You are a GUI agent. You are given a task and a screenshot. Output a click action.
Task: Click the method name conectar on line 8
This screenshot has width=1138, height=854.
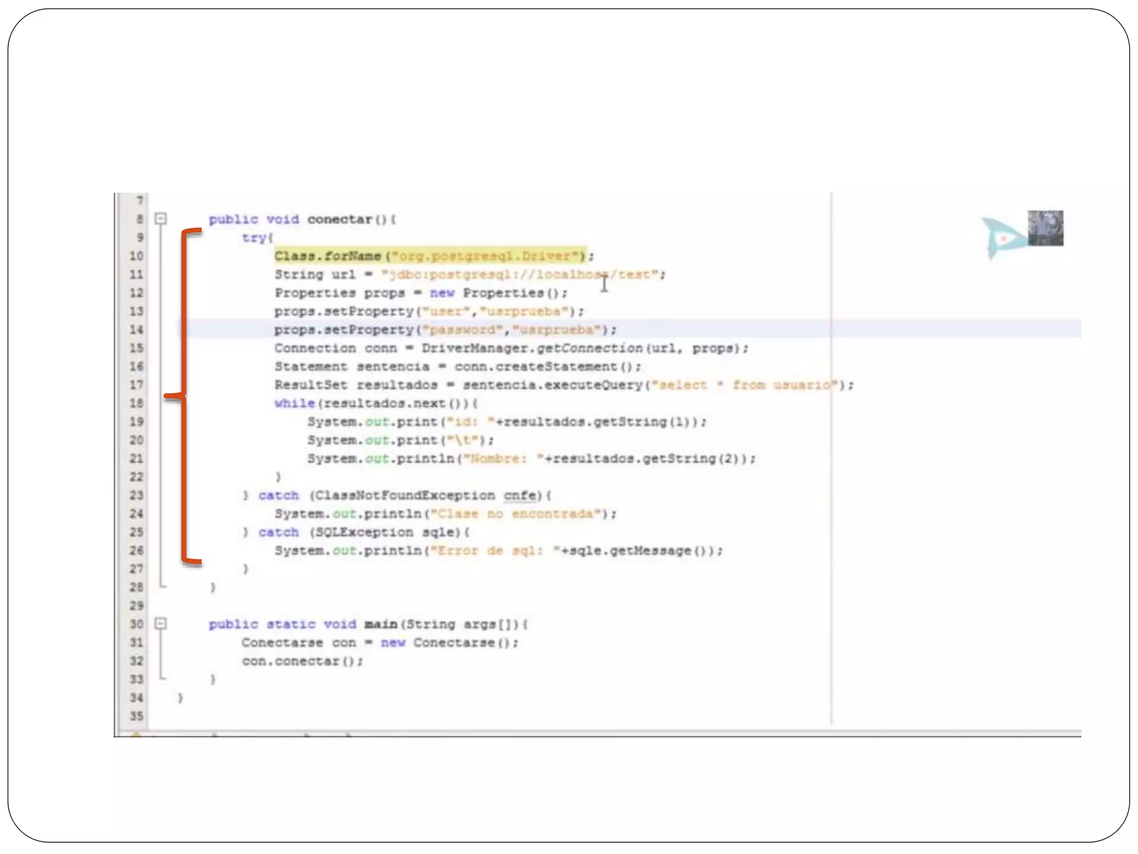[x=340, y=220]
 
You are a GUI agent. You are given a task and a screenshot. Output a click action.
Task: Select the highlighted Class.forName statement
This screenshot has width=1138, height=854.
[x=431, y=256]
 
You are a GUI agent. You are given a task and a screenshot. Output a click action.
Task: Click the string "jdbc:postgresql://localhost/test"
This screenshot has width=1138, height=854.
[x=522, y=275]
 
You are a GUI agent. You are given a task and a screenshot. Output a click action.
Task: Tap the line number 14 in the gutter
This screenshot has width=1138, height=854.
[x=137, y=330]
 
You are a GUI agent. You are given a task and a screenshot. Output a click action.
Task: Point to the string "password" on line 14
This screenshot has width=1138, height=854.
[x=463, y=330]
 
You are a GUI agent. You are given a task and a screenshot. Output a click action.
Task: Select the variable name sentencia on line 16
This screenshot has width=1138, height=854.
[x=393, y=367]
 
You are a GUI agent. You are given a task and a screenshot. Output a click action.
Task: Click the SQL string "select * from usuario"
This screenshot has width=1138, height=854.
[x=745, y=385]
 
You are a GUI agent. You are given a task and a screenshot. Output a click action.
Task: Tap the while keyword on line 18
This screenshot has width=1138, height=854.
[x=295, y=404]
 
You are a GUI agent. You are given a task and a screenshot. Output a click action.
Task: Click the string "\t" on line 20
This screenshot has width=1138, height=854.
[x=463, y=440]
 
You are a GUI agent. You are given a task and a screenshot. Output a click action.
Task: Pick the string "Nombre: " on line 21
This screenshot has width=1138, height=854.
[x=503, y=459]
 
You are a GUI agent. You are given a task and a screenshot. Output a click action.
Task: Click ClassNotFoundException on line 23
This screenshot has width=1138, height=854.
[x=405, y=495]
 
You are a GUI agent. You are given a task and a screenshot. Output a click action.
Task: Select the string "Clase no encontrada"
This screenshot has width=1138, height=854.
[x=516, y=514]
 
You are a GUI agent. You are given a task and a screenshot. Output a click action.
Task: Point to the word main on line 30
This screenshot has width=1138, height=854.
[x=381, y=624]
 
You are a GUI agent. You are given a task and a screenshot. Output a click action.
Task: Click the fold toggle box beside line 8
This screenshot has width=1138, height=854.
[x=161, y=219]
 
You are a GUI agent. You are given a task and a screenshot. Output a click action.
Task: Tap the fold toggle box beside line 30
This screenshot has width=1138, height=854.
[x=161, y=623]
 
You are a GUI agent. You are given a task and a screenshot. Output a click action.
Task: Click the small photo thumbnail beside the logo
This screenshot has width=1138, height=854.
[x=1045, y=228]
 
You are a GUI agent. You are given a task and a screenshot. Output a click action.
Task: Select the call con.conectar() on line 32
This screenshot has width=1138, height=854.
[x=302, y=661]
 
